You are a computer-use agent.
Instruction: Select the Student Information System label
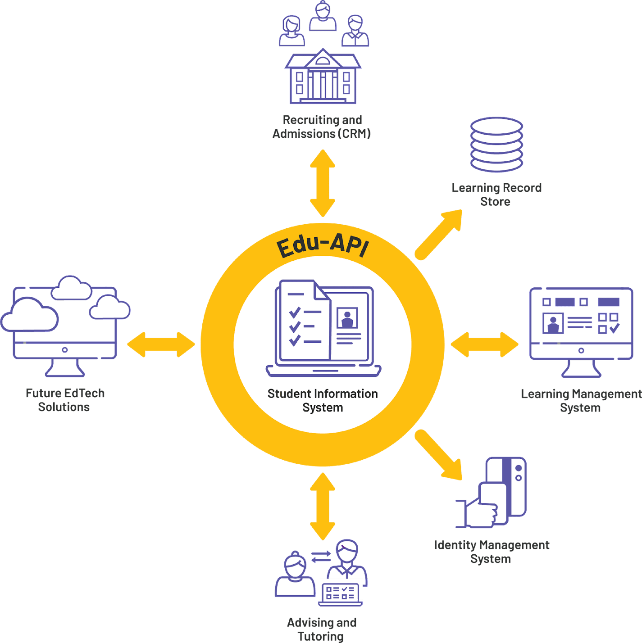pos(323,400)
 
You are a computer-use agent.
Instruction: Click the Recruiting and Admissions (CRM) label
pos(322,127)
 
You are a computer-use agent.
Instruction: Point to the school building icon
pos(323,77)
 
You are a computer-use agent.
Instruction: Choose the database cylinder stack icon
pos(496,145)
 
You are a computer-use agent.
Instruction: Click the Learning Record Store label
pos(496,195)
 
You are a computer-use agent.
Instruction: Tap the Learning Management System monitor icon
pos(581,331)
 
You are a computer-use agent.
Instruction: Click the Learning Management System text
pos(581,401)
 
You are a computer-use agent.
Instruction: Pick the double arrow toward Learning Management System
pos(484,345)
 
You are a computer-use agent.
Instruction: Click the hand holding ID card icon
pos(492,493)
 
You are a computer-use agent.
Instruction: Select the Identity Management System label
pos(492,552)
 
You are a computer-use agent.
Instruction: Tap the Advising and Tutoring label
pos(322,629)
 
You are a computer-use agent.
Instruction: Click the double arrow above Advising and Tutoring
pos(323,506)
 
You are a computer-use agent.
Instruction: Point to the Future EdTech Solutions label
pos(64,400)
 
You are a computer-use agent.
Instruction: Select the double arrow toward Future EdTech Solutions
pos(161,345)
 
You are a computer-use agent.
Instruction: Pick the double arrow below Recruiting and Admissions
pos(323,183)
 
